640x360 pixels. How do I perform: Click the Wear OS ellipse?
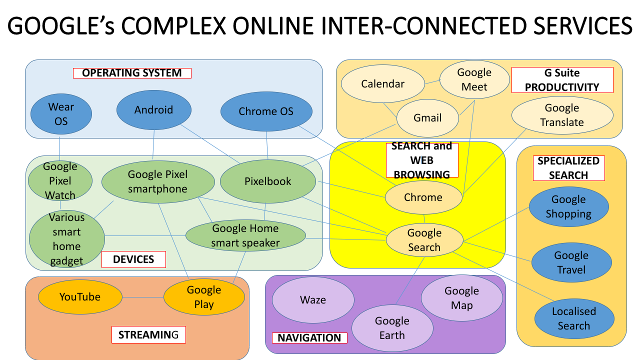(x=61, y=114)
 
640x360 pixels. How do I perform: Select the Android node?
(x=153, y=110)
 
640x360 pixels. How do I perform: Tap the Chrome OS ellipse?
(x=266, y=111)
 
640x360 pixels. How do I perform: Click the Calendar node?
(x=382, y=84)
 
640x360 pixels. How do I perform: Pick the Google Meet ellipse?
(x=474, y=79)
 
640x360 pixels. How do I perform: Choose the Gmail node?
(x=427, y=118)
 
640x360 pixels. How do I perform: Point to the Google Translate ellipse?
(x=562, y=115)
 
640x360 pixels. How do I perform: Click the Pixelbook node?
(x=268, y=181)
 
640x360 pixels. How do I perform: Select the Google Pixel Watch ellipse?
(x=60, y=180)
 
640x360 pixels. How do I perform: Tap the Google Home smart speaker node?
(x=245, y=235)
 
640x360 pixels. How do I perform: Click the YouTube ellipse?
(x=80, y=297)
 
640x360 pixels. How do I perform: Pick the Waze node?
(x=313, y=300)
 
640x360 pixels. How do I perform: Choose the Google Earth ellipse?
(x=392, y=328)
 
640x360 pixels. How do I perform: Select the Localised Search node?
(x=573, y=318)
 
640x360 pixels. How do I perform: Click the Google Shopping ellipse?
(x=568, y=206)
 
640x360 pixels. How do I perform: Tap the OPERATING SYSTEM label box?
(x=132, y=73)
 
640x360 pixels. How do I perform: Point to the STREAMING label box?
(x=148, y=335)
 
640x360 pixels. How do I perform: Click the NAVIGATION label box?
(x=309, y=338)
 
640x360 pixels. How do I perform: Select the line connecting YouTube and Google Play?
(x=143, y=297)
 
